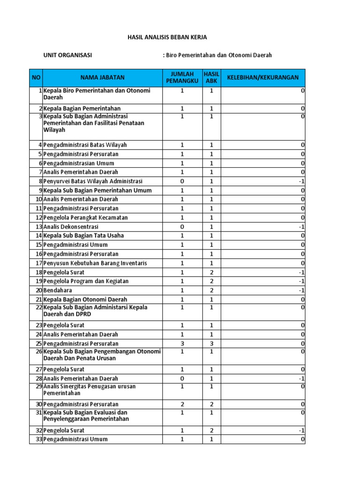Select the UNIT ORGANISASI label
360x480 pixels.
[67, 55]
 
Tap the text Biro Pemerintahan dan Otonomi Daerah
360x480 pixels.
[218, 55]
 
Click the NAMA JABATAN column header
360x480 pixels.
[103, 77]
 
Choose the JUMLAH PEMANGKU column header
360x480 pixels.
[182, 77]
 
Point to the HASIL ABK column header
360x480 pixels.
[211, 77]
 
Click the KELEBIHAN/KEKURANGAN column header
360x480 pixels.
[262, 77]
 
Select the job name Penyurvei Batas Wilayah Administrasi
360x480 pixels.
[93, 181]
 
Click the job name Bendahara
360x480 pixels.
[58, 290]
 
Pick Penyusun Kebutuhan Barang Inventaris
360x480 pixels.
[95, 263]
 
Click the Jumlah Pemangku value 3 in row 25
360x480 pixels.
[182, 344]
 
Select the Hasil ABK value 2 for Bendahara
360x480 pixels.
[211, 290]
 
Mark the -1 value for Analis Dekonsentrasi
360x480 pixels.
[302, 227]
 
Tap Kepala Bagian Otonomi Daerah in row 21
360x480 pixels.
[85, 300]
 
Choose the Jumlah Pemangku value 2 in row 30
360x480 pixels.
[182, 404]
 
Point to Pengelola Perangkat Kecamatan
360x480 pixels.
[85, 217]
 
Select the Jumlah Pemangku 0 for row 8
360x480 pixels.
[182, 181]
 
